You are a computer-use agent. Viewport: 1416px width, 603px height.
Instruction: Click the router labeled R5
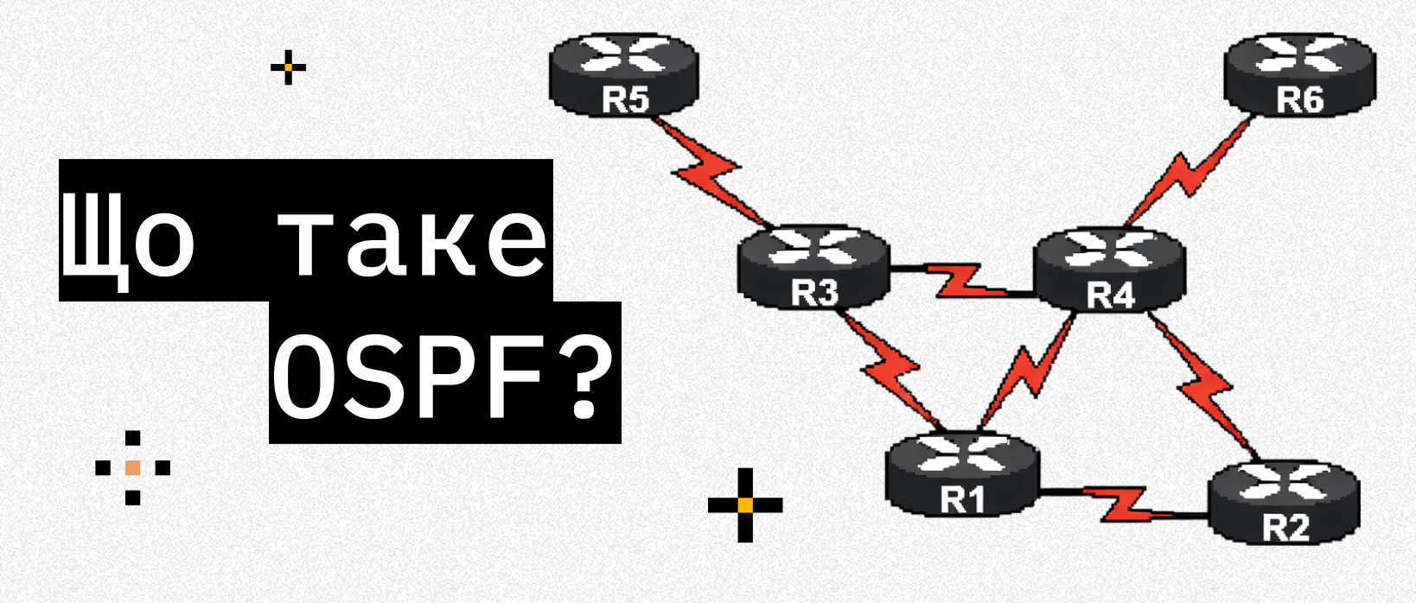click(623, 73)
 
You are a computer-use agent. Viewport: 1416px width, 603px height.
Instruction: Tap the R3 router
click(813, 267)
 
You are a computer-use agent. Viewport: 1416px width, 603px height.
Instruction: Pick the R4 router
click(1110, 270)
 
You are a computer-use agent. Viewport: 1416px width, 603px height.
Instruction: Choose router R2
click(1284, 502)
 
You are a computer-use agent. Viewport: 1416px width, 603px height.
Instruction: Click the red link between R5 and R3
click(711, 174)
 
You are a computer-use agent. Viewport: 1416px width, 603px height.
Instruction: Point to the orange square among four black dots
click(132, 467)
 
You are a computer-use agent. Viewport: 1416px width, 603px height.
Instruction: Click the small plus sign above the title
click(288, 67)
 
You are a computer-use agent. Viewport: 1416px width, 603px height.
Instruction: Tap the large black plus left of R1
click(745, 505)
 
